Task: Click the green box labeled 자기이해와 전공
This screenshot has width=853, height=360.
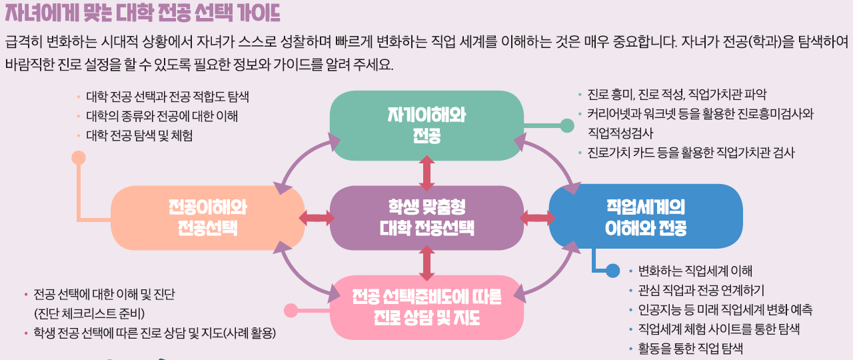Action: [x=426, y=125]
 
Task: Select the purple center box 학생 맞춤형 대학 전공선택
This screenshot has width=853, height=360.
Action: [x=426, y=217]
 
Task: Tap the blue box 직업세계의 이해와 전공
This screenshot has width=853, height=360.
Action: [x=645, y=217]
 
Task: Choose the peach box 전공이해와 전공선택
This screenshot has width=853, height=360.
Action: [x=207, y=217]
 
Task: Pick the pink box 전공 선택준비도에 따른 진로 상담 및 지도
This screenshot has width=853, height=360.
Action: [x=426, y=306]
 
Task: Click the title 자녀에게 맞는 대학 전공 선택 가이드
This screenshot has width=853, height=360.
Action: [x=142, y=13]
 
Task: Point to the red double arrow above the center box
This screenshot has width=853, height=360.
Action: [x=426, y=173]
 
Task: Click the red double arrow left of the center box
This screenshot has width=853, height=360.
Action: [x=317, y=218]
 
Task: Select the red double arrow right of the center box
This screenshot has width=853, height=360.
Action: [x=537, y=217]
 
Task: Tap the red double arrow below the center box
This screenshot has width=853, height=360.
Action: [x=426, y=263]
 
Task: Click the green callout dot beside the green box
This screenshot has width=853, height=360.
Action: [x=567, y=125]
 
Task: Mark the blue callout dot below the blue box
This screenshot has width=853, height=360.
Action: [x=613, y=271]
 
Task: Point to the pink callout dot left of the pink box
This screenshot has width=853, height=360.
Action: [x=291, y=310]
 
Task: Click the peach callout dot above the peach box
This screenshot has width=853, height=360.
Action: [x=79, y=158]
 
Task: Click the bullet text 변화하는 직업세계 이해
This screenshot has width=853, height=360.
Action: [x=695, y=271]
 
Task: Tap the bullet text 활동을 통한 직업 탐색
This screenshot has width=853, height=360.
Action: [x=690, y=349]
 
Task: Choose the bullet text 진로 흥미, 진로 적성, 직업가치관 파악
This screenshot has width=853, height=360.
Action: [x=681, y=94]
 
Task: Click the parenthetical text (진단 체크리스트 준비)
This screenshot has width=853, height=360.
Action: [x=89, y=313]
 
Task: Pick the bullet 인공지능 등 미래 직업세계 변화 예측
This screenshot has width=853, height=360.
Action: [x=725, y=310]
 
